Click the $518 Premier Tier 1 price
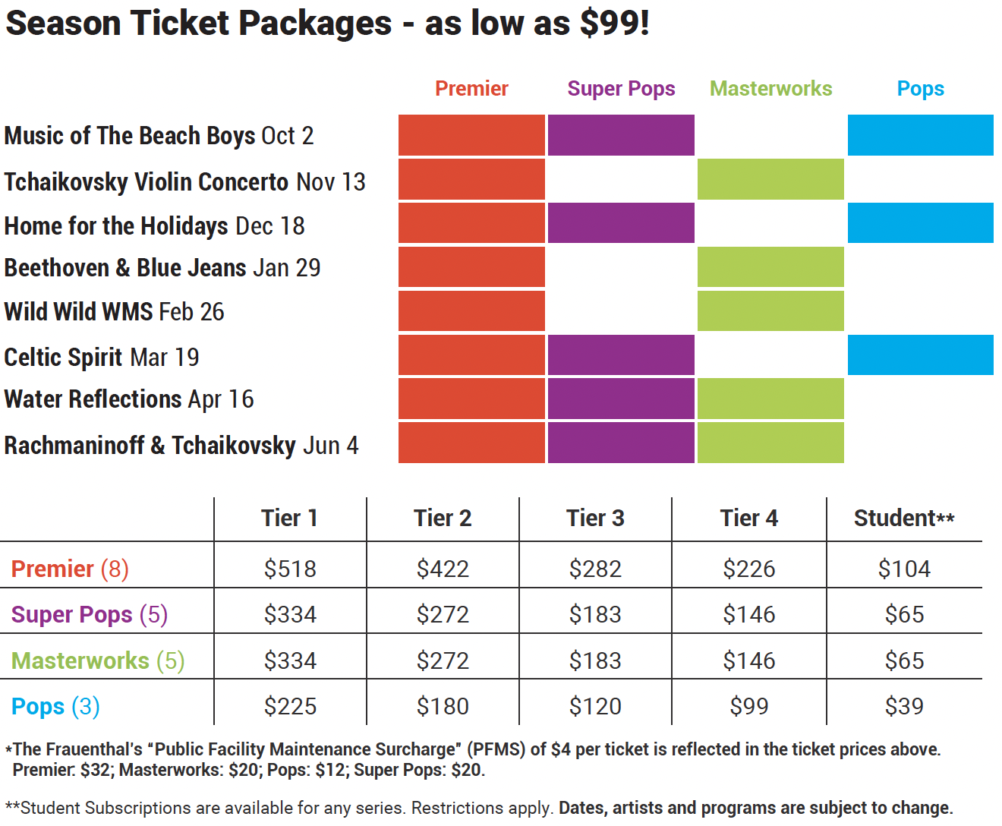(290, 569)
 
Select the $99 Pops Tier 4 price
(748, 706)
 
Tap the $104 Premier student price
(903, 569)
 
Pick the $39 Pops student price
(903, 706)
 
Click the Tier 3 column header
(595, 518)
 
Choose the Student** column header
(903, 518)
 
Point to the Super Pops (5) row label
(90, 614)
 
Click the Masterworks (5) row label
(98, 660)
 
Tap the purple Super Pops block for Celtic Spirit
(621, 355)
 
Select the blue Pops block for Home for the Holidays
(920, 222)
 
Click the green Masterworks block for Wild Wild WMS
(770, 311)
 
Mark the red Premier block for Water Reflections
(471, 399)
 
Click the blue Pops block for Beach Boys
(920, 135)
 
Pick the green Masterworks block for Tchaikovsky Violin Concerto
(770, 179)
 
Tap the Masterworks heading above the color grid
(770, 89)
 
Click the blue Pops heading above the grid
(920, 89)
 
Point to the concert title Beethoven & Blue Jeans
(125, 268)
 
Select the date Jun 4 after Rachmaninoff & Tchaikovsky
(330, 446)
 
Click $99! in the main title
(614, 23)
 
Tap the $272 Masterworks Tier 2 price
(443, 660)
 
